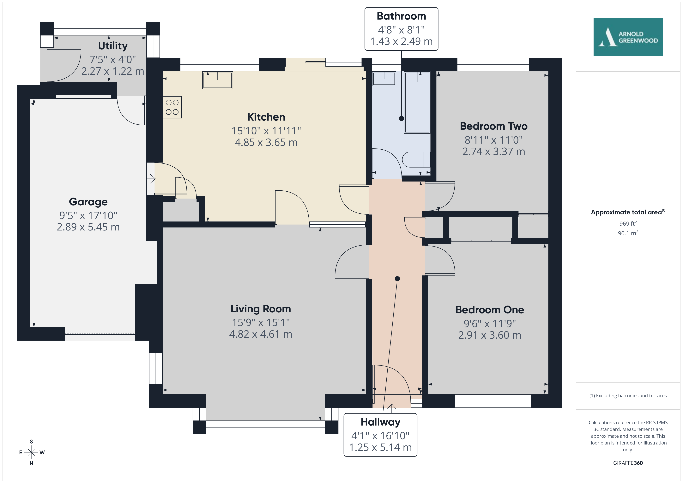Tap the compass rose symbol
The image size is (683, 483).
[x=31, y=452]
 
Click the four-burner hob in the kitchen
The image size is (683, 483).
[x=172, y=107]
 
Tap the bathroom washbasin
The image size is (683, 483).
[x=384, y=79]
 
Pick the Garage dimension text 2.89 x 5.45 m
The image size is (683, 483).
[x=88, y=227]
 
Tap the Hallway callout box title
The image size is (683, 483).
[x=380, y=422]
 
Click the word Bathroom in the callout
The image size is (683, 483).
[x=401, y=16]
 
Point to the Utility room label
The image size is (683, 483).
[x=113, y=46]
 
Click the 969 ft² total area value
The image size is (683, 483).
[x=628, y=223]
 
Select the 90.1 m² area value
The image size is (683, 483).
[x=628, y=233]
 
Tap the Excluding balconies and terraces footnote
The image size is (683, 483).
[x=628, y=396]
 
